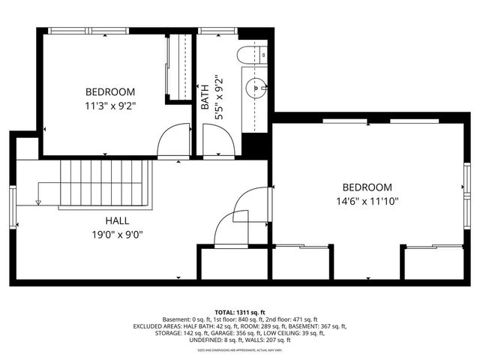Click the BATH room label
coord(205,98)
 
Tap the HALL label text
coord(117,221)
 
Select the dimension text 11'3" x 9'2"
coord(109,105)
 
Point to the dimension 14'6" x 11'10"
coord(367,201)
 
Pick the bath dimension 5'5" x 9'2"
coord(217,98)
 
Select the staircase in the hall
coord(105,186)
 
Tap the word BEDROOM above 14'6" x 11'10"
coord(367,187)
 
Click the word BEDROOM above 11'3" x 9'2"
coord(109,91)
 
